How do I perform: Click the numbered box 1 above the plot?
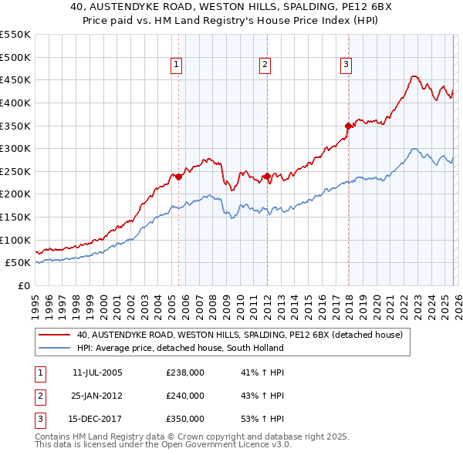coord(177,65)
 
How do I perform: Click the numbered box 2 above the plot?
coord(265,65)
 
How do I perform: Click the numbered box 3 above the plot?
coord(346,65)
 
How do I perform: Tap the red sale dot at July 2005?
coord(178,177)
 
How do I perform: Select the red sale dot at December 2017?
coord(348,126)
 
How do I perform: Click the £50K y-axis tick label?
coord(17,263)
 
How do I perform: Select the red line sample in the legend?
coord(55,335)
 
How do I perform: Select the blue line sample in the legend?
coord(55,349)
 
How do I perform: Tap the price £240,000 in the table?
coord(185,396)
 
